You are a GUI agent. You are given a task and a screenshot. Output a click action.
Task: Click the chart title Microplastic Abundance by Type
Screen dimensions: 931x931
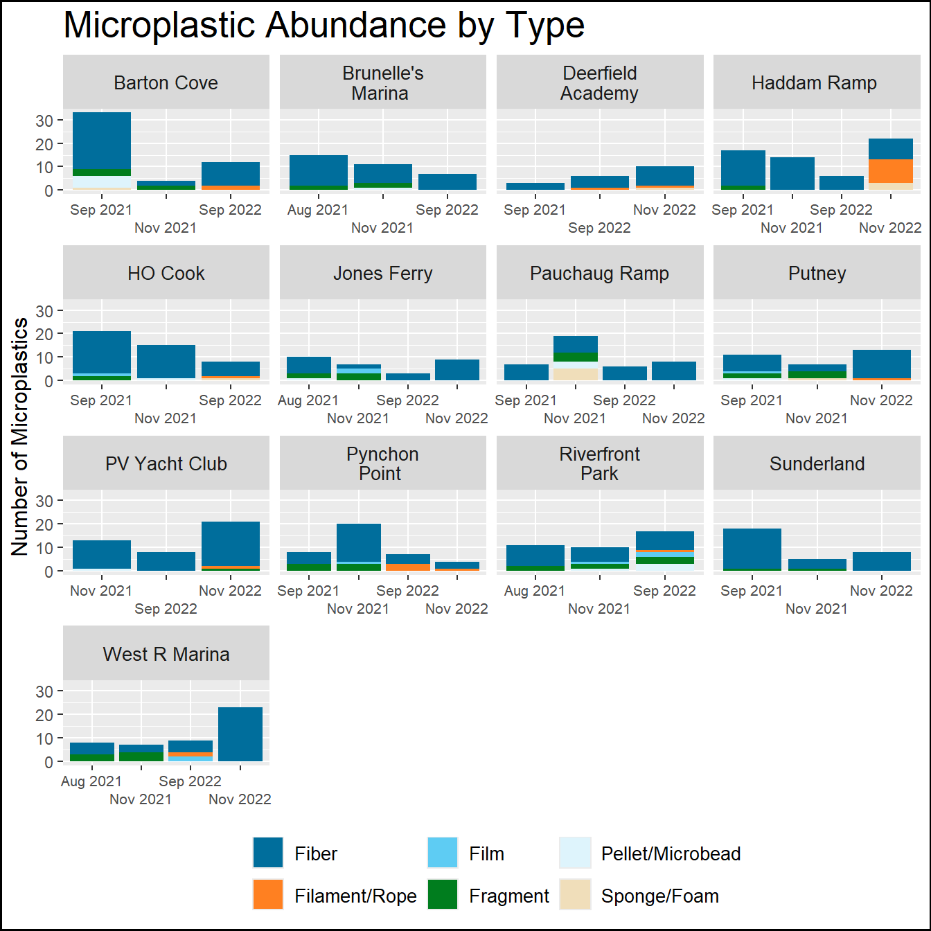coord(323,26)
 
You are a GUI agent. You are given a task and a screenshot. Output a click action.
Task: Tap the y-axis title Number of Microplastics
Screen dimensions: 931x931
coord(20,436)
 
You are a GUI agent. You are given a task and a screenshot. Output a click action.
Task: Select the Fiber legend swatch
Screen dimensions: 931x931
coord(268,853)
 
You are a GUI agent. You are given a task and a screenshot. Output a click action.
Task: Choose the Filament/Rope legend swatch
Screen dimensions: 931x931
coord(268,894)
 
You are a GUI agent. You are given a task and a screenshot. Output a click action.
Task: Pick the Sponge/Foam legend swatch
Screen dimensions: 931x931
coord(575,894)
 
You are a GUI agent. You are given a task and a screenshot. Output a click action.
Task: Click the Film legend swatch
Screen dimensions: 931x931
coord(443,853)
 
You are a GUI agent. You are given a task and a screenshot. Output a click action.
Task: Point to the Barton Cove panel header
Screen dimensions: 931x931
coord(166,82)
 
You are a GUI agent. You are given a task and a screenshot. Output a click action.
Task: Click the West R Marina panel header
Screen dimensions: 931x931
coord(166,654)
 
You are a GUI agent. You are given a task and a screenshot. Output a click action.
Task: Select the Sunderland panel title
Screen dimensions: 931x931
coord(817,463)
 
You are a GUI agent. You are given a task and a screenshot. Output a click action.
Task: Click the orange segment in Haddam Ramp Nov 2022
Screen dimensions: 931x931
coord(890,170)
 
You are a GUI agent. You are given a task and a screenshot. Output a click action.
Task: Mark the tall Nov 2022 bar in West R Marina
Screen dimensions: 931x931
coord(240,734)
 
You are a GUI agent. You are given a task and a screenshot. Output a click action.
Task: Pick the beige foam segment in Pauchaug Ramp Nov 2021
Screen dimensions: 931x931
coord(576,374)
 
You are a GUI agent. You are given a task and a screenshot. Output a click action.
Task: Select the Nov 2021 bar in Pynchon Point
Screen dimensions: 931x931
coord(359,543)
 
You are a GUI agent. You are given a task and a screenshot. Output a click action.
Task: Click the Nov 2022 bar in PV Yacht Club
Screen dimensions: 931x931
coord(231,544)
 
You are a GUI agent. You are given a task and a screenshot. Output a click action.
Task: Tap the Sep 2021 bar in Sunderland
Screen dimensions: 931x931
coord(752,549)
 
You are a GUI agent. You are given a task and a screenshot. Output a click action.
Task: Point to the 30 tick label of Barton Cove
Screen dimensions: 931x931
coord(44,121)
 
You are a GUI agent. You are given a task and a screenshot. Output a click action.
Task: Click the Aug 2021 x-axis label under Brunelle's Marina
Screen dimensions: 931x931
coord(318,210)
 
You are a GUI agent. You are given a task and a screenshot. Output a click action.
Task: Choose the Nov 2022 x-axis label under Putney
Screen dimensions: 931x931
coord(881,400)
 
